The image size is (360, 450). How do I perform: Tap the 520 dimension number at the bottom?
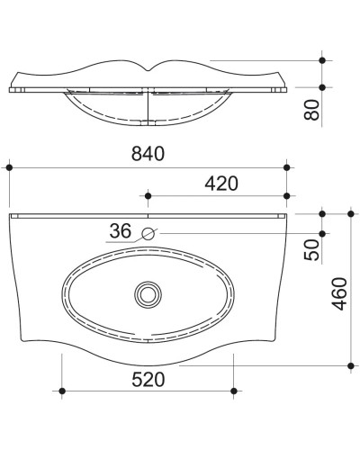148,379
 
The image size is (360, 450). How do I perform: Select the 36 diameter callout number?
121,231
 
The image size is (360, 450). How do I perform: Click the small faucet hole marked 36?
148,235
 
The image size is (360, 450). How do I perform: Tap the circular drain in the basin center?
147,293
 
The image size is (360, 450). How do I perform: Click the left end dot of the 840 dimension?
9,166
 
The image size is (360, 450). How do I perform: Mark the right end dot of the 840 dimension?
287,166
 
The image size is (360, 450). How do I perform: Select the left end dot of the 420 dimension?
148,195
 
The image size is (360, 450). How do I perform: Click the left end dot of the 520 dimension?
62,391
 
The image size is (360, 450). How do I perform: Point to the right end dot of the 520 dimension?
234,391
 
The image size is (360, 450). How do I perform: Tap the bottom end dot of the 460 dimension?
349,366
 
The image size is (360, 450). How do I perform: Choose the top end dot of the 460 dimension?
349,213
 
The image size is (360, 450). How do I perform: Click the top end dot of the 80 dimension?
322,59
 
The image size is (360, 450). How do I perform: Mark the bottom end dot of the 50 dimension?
322,236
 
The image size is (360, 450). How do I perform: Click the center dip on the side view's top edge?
148,71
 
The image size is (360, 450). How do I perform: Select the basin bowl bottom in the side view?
148,132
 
